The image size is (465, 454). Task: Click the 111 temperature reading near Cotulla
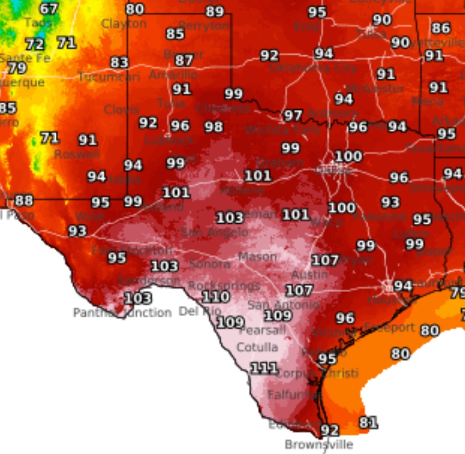263,368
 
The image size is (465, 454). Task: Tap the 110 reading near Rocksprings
215,298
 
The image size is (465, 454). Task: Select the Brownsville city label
319,444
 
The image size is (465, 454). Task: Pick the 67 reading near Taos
49,9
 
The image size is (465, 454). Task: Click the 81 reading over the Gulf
368,422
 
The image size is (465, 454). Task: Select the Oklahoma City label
313,68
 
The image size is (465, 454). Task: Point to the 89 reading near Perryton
215,12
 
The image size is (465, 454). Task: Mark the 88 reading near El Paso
23,200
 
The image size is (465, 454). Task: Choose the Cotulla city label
257,347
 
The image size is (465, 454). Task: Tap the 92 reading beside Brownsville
329,430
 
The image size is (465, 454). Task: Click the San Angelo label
214,232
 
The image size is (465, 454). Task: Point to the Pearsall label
262,330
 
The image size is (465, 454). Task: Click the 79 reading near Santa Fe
16,68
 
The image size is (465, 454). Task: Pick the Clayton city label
124,24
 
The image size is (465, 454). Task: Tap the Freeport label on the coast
390,327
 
